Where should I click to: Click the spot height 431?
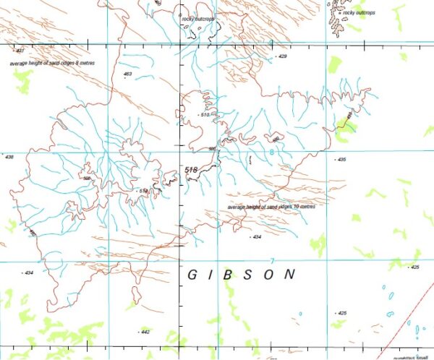pos(20,51)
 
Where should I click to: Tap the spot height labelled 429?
pos(283,56)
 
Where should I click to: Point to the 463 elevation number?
pos(128,74)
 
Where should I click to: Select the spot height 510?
pos(205,115)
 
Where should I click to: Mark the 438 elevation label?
pos(9,157)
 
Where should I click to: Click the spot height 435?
pos(341,159)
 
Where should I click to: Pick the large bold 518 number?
pos(191,170)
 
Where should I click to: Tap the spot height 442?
pos(145,332)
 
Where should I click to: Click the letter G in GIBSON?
pos(193,275)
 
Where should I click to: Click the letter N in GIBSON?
pos(291,275)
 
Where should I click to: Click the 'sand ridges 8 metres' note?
pos(52,63)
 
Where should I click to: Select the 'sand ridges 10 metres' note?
pos(271,207)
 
